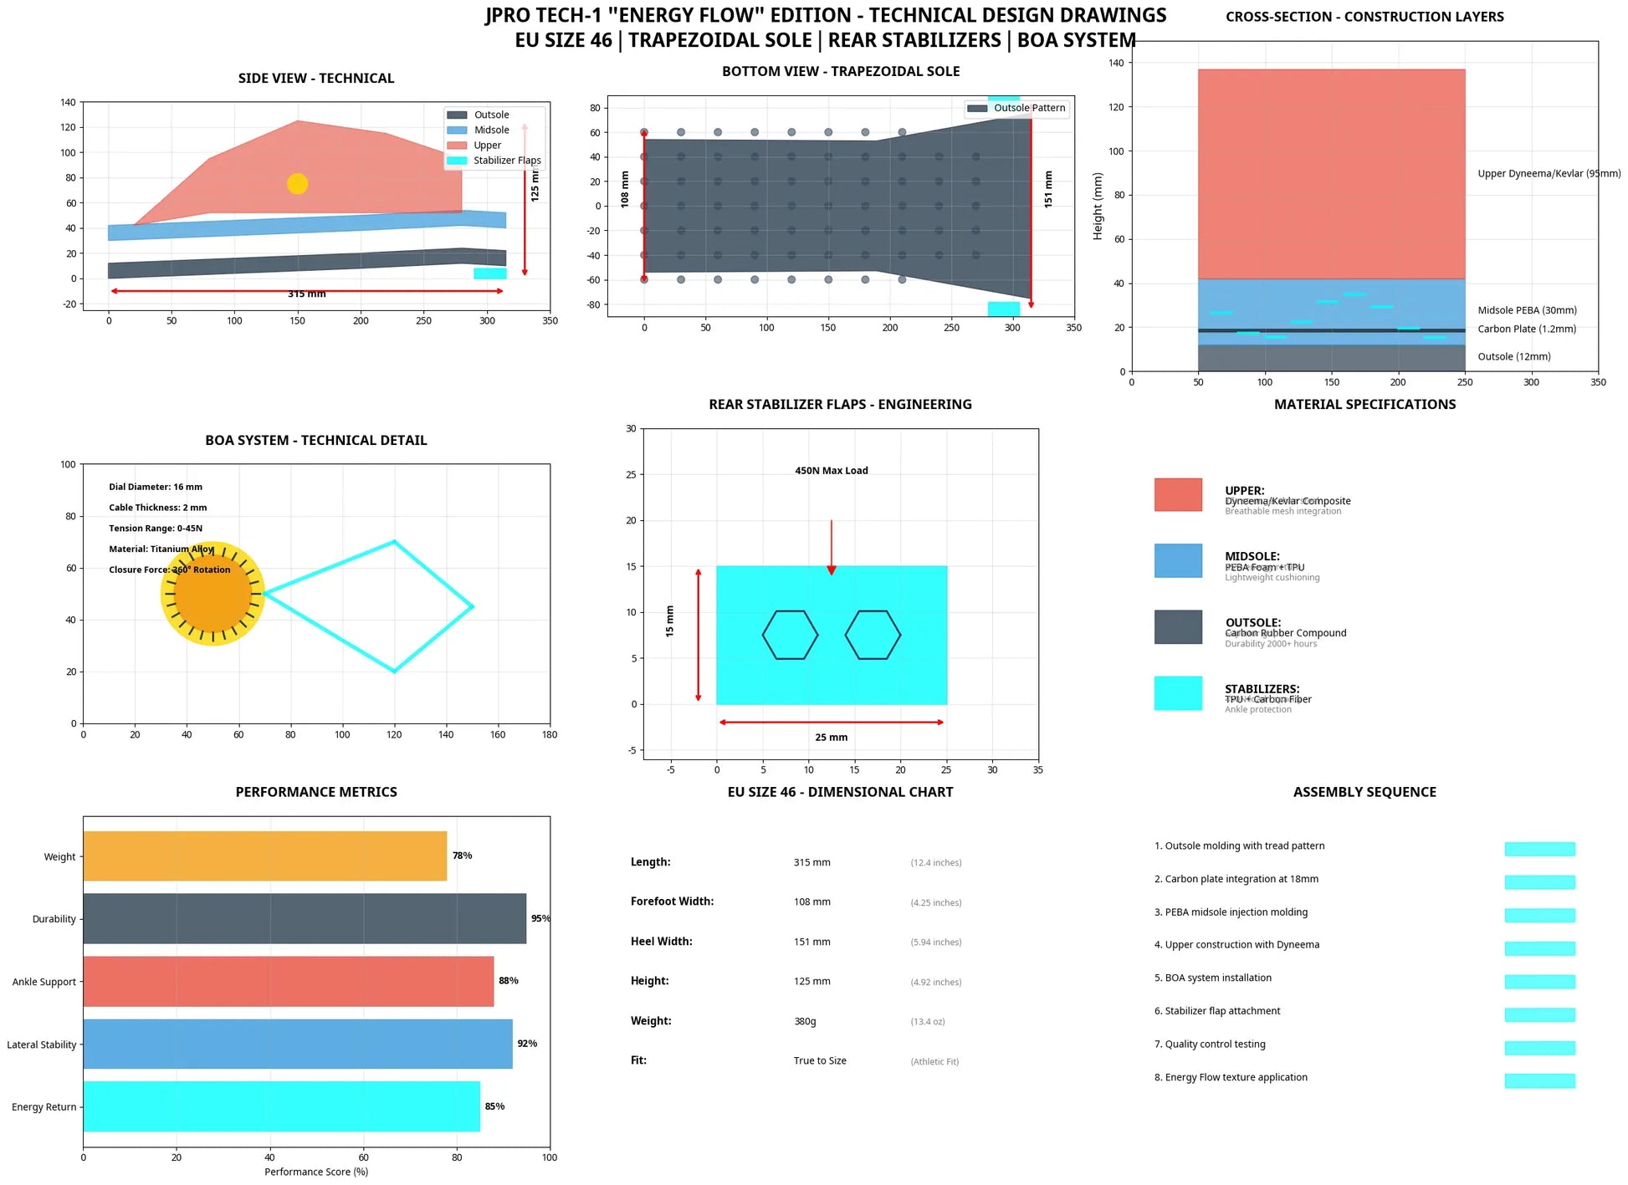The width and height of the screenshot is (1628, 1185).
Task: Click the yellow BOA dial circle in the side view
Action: (x=297, y=184)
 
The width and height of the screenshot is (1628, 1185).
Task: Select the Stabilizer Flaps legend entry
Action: (x=506, y=161)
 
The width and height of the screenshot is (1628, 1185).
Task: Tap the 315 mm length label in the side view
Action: (x=307, y=294)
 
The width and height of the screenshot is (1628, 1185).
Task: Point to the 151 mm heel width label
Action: (x=1048, y=189)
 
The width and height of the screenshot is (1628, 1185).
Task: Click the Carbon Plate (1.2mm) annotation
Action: (x=1526, y=329)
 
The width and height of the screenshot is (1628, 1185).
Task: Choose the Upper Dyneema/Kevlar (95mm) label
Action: (x=1548, y=174)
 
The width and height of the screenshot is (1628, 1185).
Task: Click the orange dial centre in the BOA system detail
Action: (x=212, y=594)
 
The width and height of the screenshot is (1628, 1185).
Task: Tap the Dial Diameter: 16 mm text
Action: (x=156, y=487)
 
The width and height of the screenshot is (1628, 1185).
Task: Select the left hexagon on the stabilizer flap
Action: (x=790, y=635)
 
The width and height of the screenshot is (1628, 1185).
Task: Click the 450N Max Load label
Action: (x=831, y=471)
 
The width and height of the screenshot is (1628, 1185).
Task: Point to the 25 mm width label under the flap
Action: (x=831, y=738)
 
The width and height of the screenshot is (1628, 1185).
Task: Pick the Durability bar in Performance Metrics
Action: (x=305, y=918)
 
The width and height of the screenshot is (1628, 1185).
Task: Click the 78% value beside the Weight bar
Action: (x=462, y=856)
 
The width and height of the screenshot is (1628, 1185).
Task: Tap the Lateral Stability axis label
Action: (x=42, y=1045)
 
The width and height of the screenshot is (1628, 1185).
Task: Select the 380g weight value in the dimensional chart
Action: (x=805, y=1021)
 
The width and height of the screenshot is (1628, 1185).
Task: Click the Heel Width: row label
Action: (x=661, y=942)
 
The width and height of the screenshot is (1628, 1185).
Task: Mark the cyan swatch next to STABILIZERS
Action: (x=1177, y=693)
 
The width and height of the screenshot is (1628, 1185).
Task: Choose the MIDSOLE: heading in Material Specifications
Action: (x=1252, y=556)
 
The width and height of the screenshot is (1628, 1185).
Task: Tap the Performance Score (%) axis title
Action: (x=316, y=1172)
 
